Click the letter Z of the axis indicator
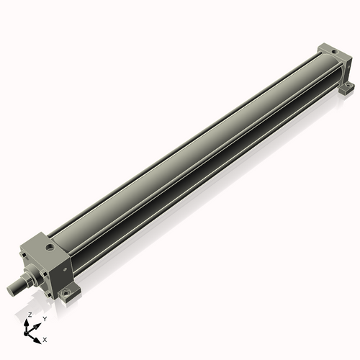(29, 315)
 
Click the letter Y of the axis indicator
(45, 318)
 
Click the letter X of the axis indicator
(45, 338)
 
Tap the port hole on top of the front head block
(50, 247)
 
